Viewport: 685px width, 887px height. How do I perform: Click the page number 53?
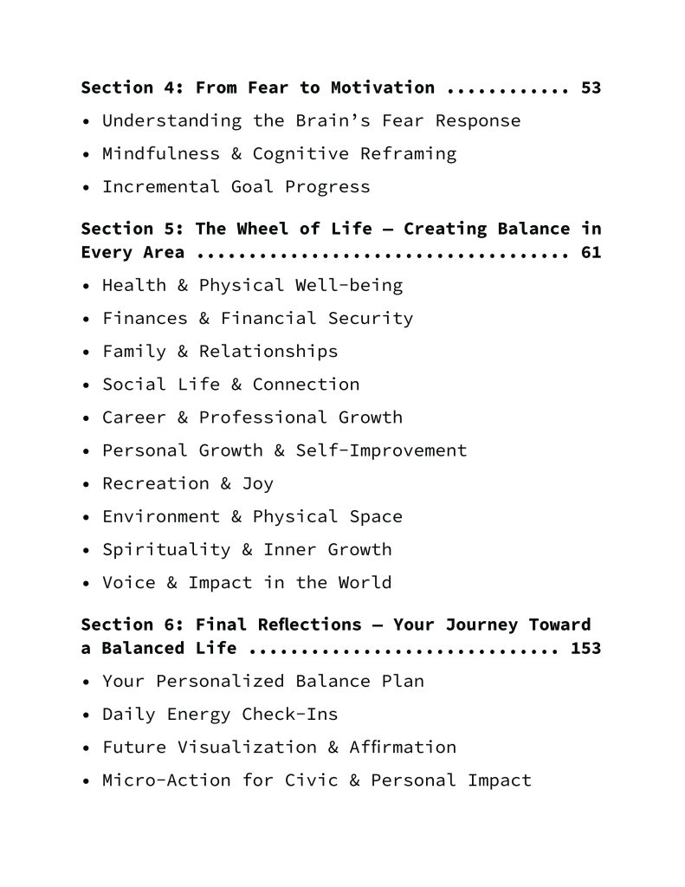coord(591,87)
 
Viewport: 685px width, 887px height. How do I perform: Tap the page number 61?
coord(591,253)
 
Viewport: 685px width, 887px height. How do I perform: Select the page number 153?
coord(585,648)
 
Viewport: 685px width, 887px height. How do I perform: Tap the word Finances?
coord(145,318)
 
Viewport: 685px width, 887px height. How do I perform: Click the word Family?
coord(134,351)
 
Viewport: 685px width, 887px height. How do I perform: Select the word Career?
coord(134,417)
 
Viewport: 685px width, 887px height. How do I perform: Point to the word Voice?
coord(129,582)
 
